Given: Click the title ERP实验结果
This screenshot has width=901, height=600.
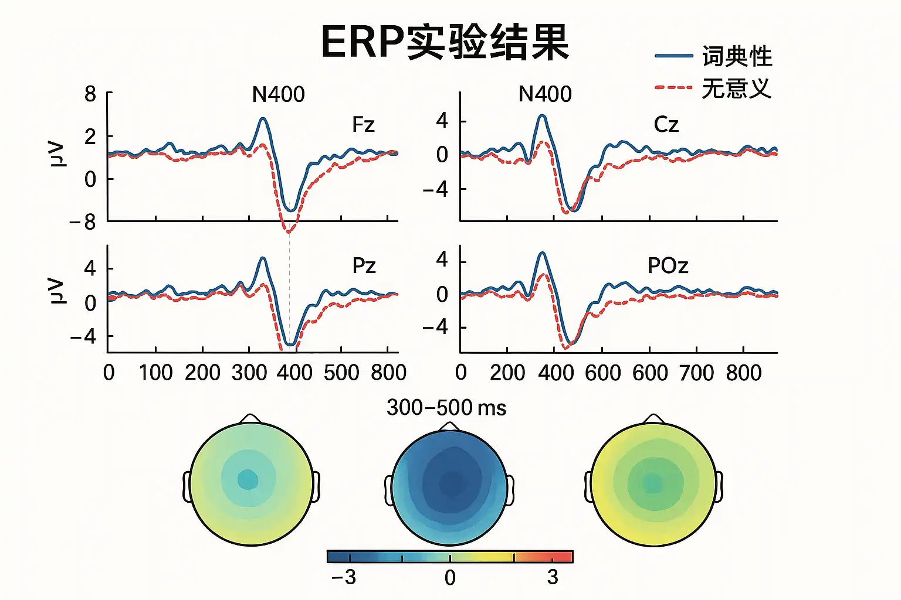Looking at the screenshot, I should (445, 42).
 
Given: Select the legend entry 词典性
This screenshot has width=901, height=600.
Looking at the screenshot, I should (737, 56).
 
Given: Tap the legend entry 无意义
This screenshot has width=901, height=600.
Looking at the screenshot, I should (736, 88).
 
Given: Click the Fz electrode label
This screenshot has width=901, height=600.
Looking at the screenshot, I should (363, 125).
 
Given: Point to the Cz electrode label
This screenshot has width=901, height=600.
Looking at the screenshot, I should (666, 125).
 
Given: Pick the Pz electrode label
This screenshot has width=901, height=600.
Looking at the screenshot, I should (364, 266).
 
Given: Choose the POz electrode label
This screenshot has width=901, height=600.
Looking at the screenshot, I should (668, 266).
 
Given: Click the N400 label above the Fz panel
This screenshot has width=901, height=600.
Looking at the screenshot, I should (278, 94).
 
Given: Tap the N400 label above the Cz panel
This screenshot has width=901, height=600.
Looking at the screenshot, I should (545, 94).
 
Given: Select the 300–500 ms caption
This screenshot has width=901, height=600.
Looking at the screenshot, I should (446, 408).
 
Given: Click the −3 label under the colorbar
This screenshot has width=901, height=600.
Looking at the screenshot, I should (344, 578).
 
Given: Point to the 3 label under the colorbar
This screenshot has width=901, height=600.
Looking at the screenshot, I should (553, 578).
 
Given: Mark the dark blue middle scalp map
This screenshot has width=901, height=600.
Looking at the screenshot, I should (449, 487).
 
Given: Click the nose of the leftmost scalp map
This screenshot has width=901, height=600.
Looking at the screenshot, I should (250, 418).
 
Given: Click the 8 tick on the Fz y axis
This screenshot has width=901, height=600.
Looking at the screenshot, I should (90, 94).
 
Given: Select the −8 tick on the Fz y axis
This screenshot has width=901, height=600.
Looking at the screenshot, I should (83, 222).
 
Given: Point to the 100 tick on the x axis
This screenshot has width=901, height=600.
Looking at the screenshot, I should (155, 373).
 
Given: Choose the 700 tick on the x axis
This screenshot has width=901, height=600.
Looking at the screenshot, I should (696, 373).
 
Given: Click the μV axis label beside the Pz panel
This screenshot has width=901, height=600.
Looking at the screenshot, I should (56, 291).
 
